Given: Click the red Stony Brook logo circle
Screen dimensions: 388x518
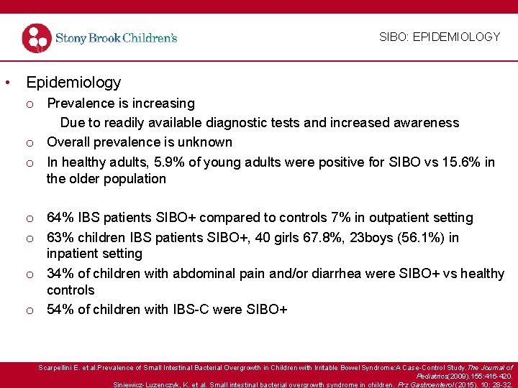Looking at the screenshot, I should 36,38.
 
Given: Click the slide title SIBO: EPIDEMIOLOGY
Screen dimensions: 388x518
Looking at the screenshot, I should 439,37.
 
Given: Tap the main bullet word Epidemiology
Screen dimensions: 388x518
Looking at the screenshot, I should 73,83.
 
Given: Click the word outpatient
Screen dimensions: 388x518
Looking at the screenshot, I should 398,217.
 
